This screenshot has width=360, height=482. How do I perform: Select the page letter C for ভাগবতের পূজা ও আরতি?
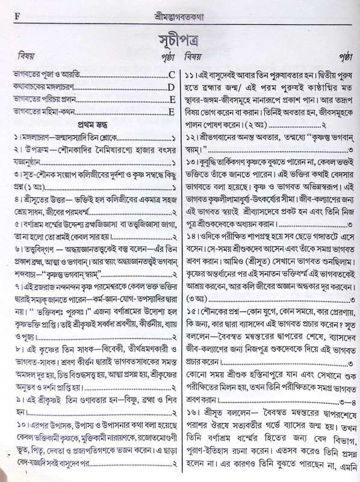(172, 75)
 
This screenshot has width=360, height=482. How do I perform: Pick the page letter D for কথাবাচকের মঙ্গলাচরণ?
(172, 87)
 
